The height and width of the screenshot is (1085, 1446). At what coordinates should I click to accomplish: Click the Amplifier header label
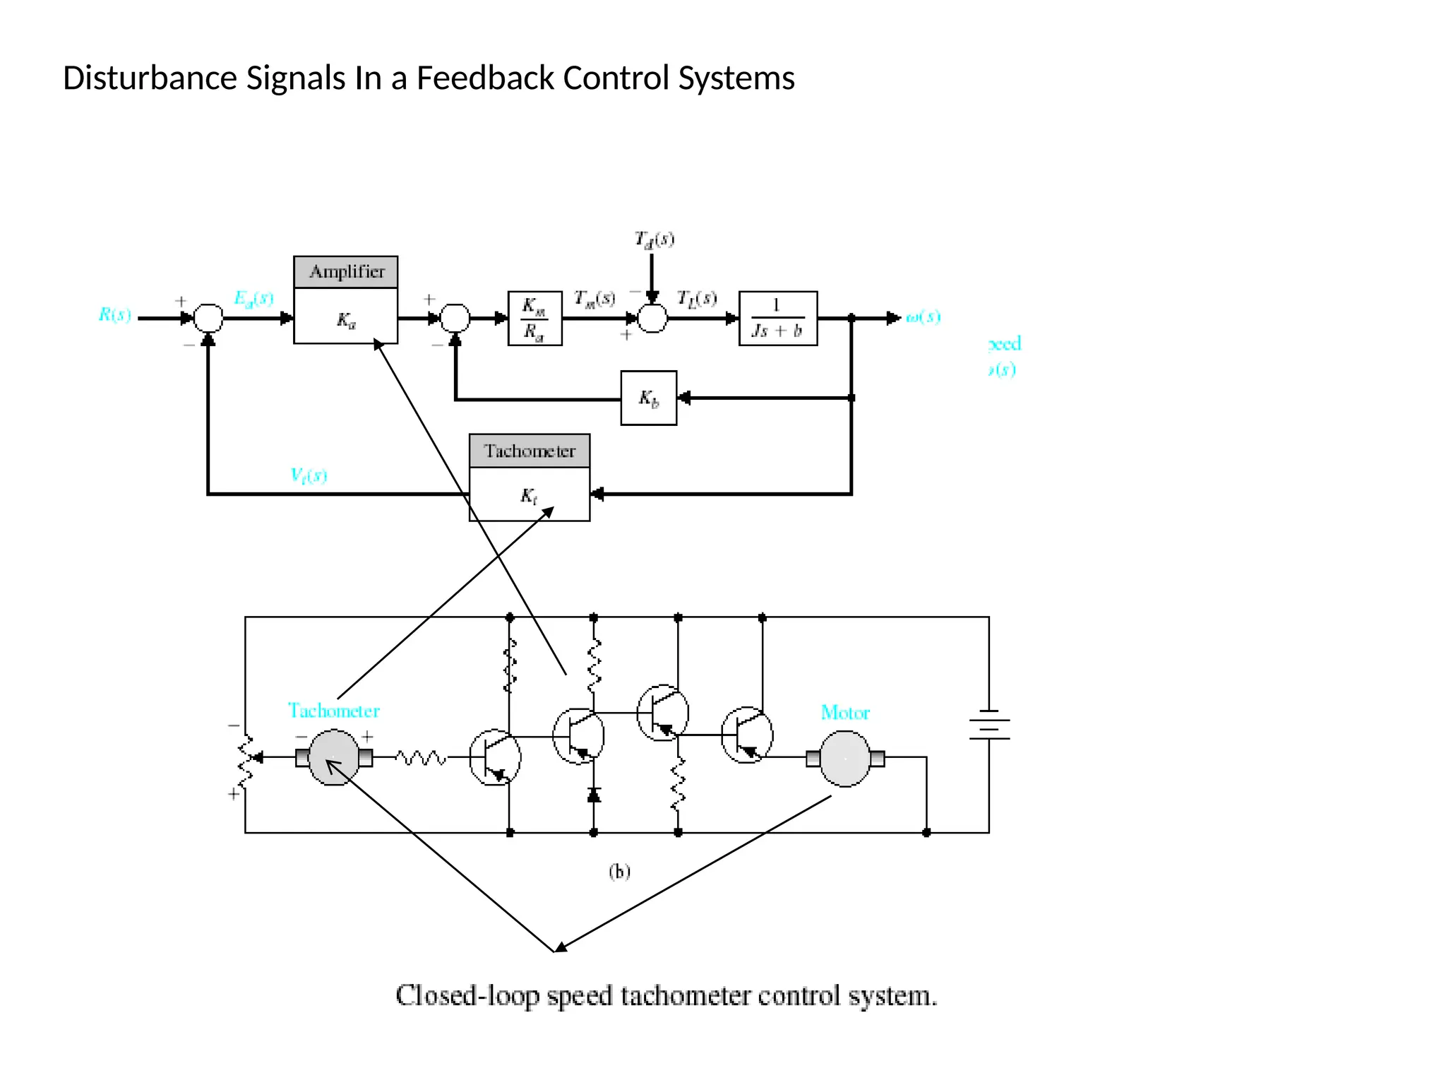346,272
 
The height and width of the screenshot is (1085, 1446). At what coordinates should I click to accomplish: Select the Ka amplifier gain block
346,321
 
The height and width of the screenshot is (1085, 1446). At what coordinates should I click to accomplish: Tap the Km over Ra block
534,319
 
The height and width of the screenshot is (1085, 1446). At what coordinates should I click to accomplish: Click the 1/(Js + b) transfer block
777,319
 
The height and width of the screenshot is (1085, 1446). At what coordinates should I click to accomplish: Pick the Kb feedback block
648,398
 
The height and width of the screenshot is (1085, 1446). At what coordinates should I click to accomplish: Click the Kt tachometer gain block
529,495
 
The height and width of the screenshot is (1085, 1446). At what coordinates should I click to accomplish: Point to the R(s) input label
115,315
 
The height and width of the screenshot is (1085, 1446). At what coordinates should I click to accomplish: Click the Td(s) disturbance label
654,240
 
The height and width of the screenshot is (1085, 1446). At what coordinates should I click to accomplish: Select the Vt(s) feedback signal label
309,475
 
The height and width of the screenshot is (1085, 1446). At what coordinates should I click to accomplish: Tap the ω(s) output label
924,317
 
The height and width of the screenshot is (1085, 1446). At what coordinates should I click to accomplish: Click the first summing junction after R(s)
208,319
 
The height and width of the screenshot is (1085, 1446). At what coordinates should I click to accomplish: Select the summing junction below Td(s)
652,319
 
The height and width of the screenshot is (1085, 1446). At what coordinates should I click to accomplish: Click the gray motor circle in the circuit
844,759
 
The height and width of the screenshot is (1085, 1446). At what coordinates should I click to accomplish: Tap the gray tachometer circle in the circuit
334,758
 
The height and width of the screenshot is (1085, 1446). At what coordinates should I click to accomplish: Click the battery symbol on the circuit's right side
988,725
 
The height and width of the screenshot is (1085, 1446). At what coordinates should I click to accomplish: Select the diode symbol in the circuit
594,795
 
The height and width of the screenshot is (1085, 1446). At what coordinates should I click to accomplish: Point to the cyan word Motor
844,713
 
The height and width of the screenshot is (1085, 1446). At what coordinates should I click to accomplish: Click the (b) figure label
619,872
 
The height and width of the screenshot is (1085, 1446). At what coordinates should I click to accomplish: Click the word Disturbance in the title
150,78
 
